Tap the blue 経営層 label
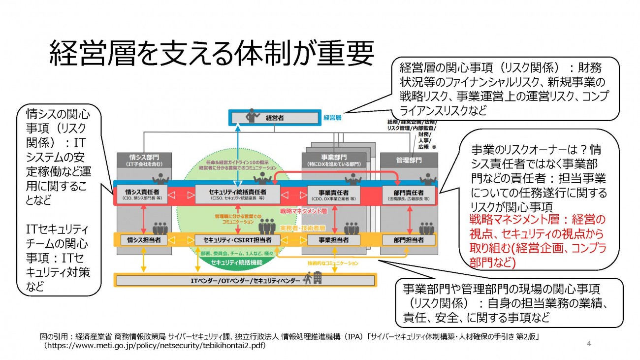point(333,118)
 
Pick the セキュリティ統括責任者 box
point(238,195)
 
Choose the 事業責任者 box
point(334,195)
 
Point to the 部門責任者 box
point(408,195)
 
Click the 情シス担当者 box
point(144,240)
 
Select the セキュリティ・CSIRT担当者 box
point(238,240)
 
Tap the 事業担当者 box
point(334,240)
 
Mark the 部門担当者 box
point(408,240)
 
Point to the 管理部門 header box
point(409,160)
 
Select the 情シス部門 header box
point(144,160)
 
